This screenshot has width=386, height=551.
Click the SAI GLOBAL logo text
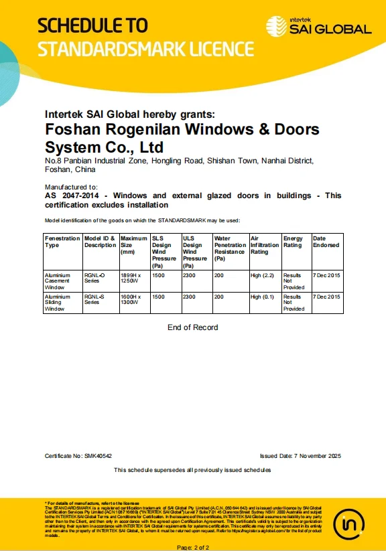(x=330, y=29)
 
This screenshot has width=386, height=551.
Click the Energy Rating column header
(x=293, y=242)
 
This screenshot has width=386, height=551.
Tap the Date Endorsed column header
(x=326, y=242)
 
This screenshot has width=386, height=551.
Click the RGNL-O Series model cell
(x=94, y=278)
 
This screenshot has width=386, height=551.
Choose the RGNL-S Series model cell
(x=94, y=299)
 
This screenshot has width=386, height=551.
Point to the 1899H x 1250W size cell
(x=131, y=278)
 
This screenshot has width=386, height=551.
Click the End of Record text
(x=193, y=327)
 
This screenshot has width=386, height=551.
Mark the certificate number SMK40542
(x=98, y=456)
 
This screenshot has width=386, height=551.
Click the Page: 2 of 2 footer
(x=193, y=547)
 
